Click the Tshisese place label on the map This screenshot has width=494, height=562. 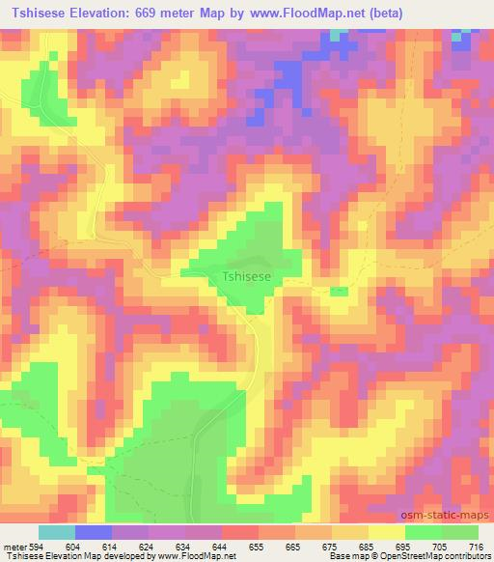(x=247, y=276)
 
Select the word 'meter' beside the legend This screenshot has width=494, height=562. (x=15, y=547)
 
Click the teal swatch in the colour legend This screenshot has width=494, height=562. (x=57, y=533)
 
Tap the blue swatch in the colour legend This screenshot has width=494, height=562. (x=94, y=533)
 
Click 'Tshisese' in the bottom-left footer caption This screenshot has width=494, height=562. (x=20, y=556)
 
